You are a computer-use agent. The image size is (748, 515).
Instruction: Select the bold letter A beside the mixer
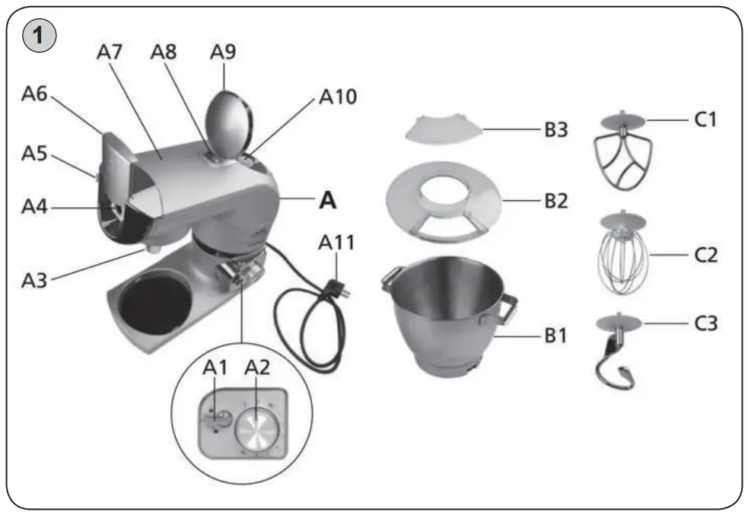[326, 199]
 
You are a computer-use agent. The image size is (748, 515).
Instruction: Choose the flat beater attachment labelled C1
[622, 156]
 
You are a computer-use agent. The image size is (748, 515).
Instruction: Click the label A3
[34, 280]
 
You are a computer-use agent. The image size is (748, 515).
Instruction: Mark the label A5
[34, 153]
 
